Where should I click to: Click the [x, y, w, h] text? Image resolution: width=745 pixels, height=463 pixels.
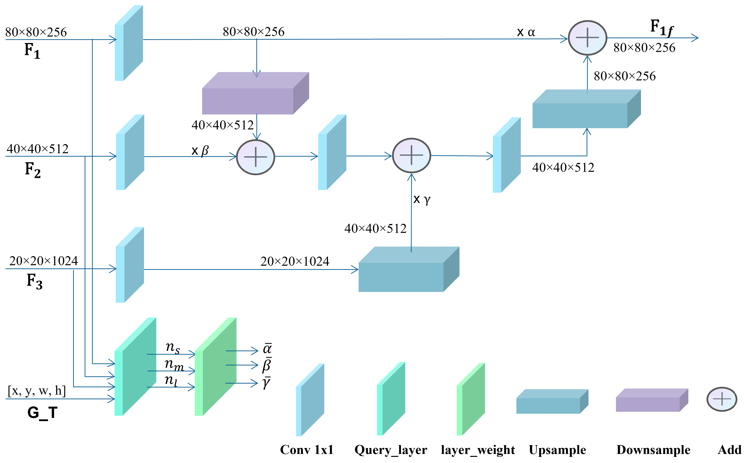(x=37, y=391)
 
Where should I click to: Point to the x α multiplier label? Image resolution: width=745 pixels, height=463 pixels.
(x=526, y=32)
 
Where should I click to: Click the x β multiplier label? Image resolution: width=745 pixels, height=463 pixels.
(x=200, y=151)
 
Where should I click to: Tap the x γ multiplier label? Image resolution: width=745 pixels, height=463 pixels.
(x=422, y=199)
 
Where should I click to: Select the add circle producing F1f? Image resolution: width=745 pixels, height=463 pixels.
(x=587, y=38)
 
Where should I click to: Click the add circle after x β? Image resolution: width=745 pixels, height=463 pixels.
(x=256, y=157)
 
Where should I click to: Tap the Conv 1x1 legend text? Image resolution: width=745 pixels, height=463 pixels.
(x=307, y=450)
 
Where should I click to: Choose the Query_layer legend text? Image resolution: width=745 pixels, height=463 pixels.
(x=391, y=450)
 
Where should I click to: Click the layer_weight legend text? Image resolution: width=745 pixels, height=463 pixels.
(x=478, y=450)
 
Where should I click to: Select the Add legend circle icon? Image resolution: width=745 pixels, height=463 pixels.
(x=722, y=399)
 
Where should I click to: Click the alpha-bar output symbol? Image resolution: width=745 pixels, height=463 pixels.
(x=267, y=349)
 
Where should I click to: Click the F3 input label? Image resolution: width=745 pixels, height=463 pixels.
(x=34, y=281)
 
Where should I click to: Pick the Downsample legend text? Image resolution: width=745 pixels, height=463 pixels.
(x=653, y=450)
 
